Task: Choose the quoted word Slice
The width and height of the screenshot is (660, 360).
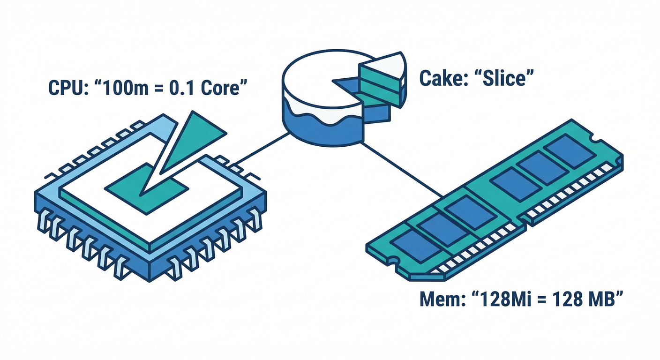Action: [x=504, y=78]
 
